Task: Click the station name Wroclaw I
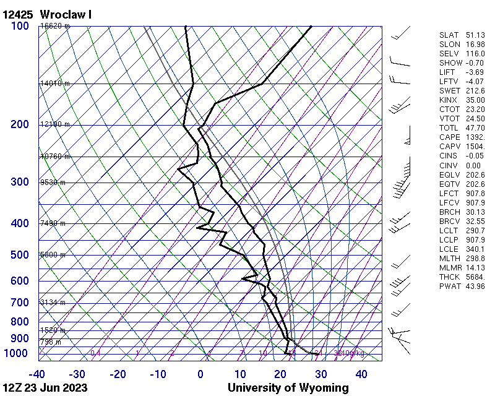(66, 14)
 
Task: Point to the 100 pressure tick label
(20, 26)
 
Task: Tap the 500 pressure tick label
(20, 255)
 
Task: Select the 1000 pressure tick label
(17, 353)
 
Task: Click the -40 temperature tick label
(37, 374)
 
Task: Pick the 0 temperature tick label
(200, 374)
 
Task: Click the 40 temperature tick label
(361, 374)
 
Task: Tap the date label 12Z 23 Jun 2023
(45, 388)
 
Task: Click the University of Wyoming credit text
(288, 388)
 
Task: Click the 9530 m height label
(53, 183)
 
